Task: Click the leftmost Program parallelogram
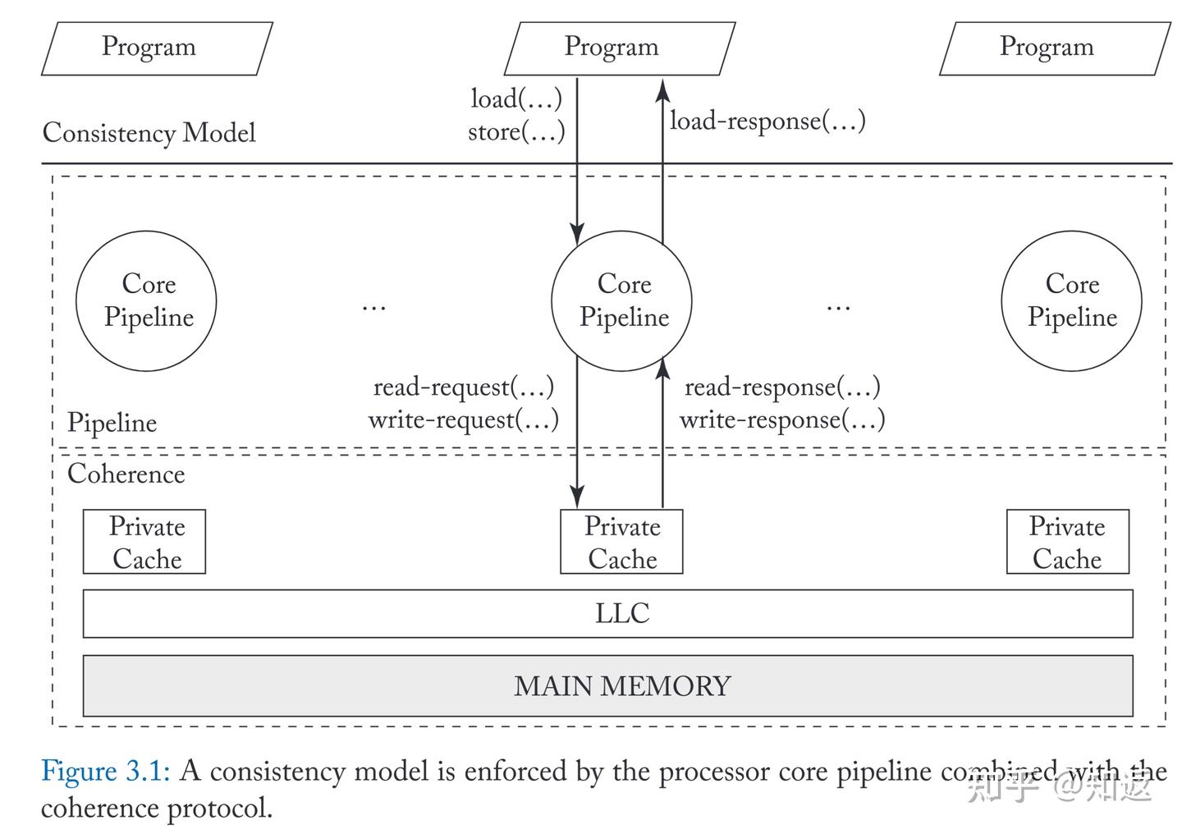click(x=156, y=48)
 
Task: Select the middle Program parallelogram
click(x=619, y=48)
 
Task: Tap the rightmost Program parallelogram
click(x=1054, y=48)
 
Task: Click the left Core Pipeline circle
click(x=146, y=301)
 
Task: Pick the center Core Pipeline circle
click(x=621, y=301)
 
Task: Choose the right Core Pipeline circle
click(x=1071, y=301)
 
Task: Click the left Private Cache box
click(x=144, y=542)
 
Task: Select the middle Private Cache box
click(x=621, y=542)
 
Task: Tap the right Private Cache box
click(x=1067, y=542)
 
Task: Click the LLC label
click(x=622, y=613)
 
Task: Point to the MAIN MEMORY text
click(x=622, y=686)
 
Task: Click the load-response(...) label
click(x=767, y=121)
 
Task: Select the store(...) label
click(x=516, y=132)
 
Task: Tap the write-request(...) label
click(x=463, y=420)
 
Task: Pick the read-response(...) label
click(x=782, y=387)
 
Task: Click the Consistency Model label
click(x=149, y=133)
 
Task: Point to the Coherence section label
click(x=126, y=474)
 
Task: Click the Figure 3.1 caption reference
click(x=105, y=772)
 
